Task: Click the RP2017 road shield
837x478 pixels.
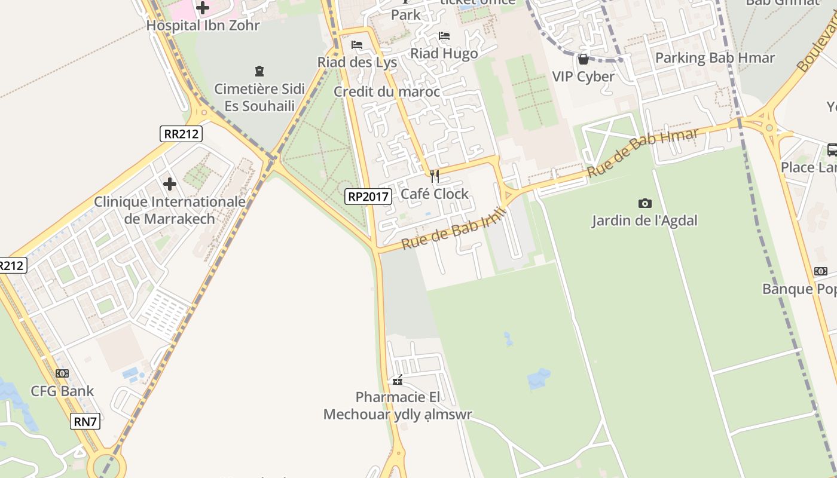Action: [368, 196]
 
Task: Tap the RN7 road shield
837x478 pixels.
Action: [85, 421]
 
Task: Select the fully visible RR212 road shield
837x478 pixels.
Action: [181, 134]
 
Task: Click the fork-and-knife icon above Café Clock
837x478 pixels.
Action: [435, 176]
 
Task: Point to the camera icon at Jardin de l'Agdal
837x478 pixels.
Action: [644, 203]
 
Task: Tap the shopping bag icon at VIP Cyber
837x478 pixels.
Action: [583, 59]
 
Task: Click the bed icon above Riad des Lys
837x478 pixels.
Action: [357, 45]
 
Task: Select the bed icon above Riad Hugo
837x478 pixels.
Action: [444, 36]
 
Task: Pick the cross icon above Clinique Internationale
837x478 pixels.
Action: [170, 183]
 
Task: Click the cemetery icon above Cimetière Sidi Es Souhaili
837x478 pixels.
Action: [259, 72]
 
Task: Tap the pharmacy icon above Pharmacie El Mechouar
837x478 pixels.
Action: [397, 380]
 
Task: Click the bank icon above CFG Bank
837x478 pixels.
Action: [62, 373]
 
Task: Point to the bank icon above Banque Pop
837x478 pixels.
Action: [821, 271]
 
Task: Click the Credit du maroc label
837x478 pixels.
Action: [386, 91]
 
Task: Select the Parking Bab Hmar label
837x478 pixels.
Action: [715, 58]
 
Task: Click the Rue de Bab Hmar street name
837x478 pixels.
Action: [642, 153]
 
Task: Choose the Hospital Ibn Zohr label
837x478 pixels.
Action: [203, 26]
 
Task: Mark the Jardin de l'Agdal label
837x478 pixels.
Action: [644, 220]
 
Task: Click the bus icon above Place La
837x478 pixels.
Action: [832, 150]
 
